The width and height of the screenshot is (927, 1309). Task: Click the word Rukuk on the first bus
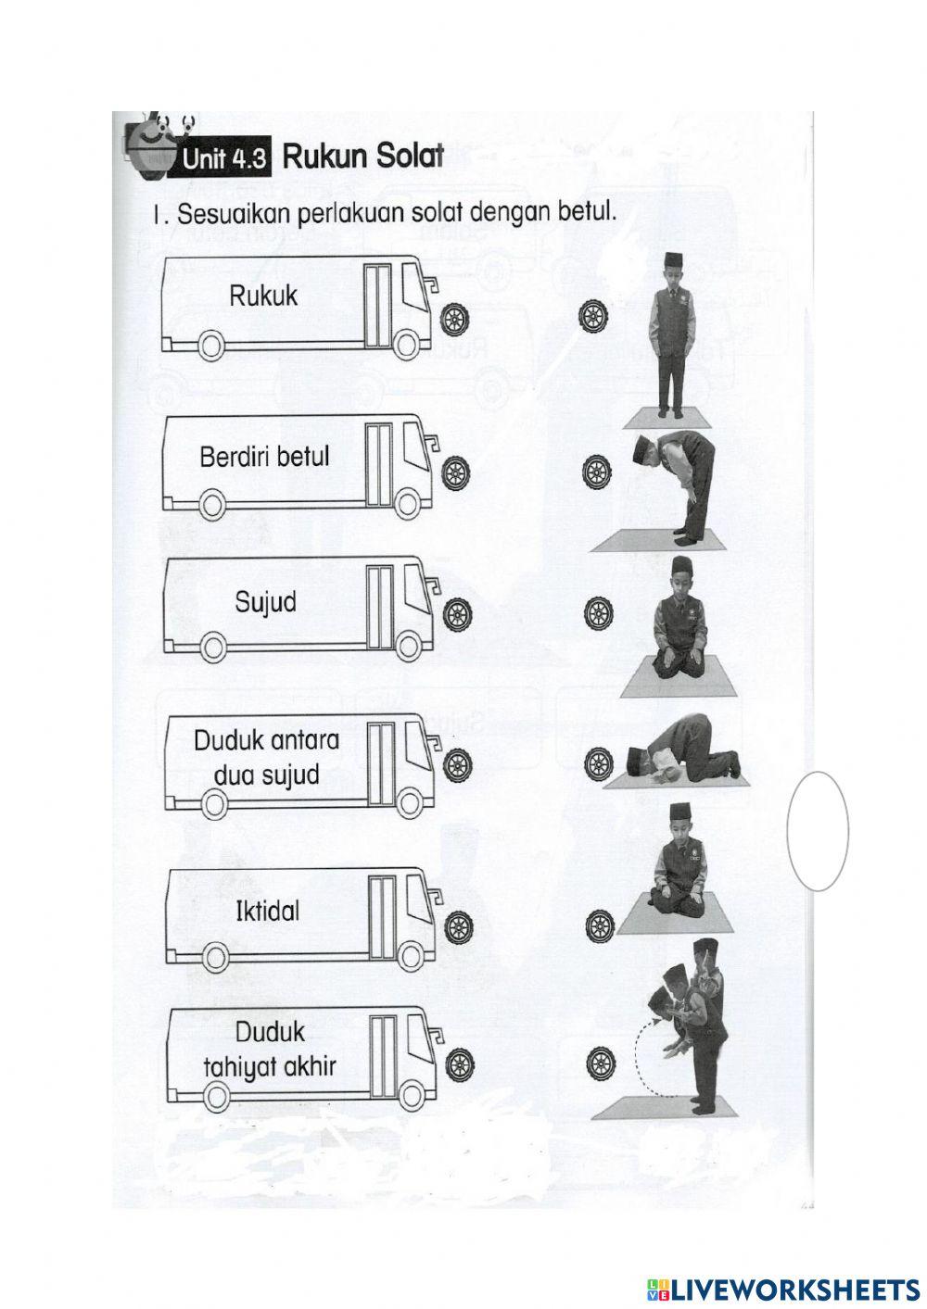tap(263, 296)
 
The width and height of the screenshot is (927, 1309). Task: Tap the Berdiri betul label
tap(264, 457)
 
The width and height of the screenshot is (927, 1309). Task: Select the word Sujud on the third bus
tap(265, 603)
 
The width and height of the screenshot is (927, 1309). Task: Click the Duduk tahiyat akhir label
tap(269, 1049)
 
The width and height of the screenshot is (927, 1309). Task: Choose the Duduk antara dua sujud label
tap(266, 757)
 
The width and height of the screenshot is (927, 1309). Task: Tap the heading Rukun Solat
tap(362, 156)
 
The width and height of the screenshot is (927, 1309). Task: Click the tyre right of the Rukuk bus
tap(455, 320)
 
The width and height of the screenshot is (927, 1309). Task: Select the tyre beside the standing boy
tap(593, 316)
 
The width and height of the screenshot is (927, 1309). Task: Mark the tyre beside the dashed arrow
tap(602, 1062)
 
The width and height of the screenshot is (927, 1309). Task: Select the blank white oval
tap(818, 830)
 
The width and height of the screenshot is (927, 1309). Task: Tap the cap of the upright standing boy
tap(673, 259)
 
